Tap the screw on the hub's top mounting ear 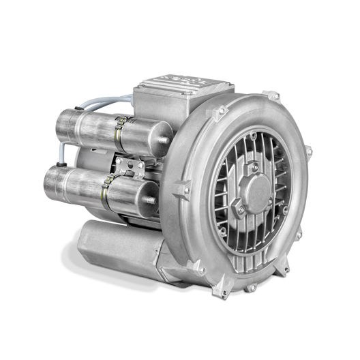(x=253, y=166)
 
